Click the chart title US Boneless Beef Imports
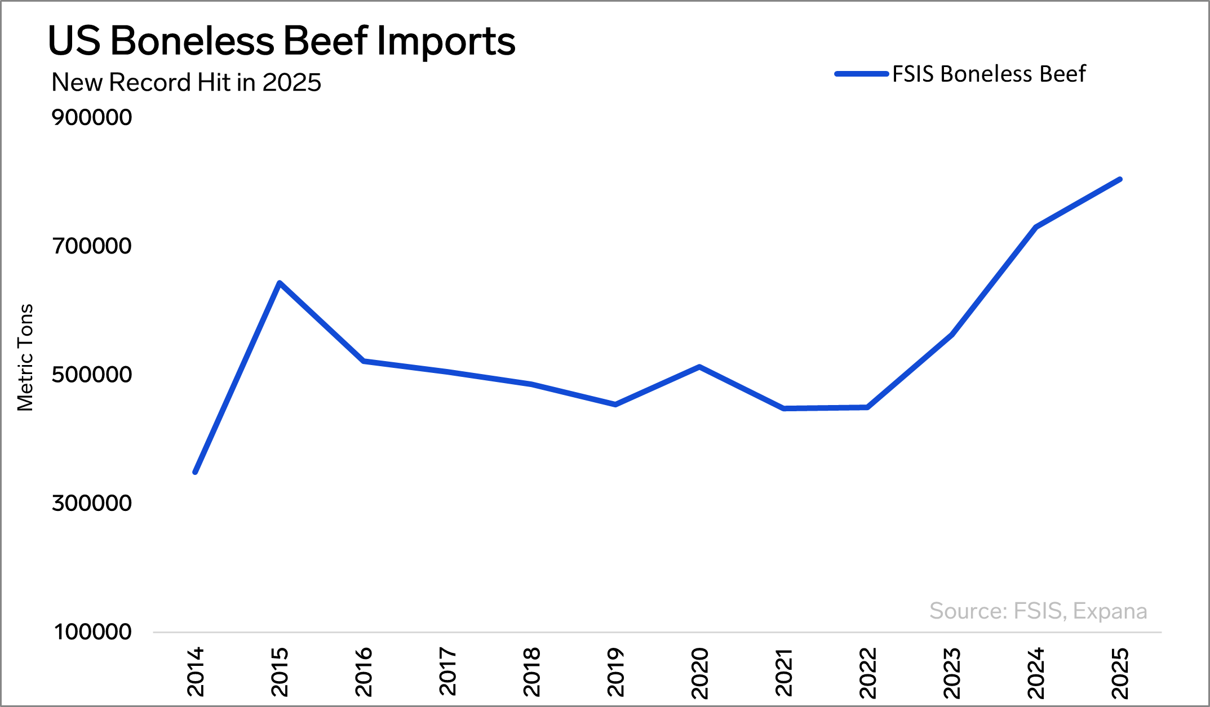pyautogui.click(x=282, y=41)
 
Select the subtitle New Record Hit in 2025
pyautogui.click(x=186, y=82)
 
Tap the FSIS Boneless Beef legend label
pyautogui.click(x=989, y=74)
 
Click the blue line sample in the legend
pyautogui.click(x=861, y=74)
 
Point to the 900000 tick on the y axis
pyautogui.click(x=92, y=117)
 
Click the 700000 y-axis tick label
pyautogui.click(x=92, y=246)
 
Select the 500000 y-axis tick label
pyautogui.click(x=92, y=374)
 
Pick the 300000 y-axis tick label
pyautogui.click(x=92, y=503)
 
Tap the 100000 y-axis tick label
pyautogui.click(x=93, y=632)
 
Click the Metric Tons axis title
pyautogui.click(x=25, y=358)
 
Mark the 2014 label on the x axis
pyautogui.click(x=196, y=672)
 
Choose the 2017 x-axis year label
pyautogui.click(x=447, y=672)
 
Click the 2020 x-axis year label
pyautogui.click(x=699, y=673)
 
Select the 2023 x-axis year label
pyautogui.click(x=952, y=673)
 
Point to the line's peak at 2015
pyautogui.click(x=280, y=283)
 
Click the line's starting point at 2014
pyautogui.click(x=196, y=472)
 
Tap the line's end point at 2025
pyautogui.click(x=1120, y=180)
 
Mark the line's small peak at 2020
pyautogui.click(x=699, y=367)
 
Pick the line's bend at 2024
pyautogui.click(x=1036, y=227)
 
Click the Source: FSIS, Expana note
pyautogui.click(x=1038, y=611)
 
